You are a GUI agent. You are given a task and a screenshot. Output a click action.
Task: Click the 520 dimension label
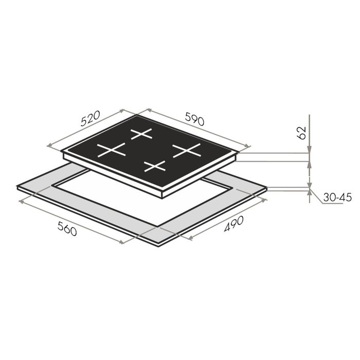click(x=91, y=118)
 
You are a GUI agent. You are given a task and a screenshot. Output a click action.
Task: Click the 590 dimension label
click(x=195, y=119)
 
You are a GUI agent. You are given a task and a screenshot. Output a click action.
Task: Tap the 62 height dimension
click(x=302, y=133)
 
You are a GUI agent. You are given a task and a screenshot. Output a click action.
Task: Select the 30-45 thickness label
click(x=337, y=197)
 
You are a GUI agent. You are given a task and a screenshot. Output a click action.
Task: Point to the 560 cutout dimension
click(x=67, y=229)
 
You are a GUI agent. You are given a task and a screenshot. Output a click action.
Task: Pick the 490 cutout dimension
click(x=233, y=224)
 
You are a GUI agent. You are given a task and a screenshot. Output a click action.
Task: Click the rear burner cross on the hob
click(x=141, y=134)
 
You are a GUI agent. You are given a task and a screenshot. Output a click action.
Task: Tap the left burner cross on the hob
click(x=112, y=150)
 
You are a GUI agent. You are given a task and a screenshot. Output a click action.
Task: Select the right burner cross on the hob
click(x=187, y=150)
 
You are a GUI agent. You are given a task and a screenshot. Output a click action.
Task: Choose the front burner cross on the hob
click(x=155, y=166)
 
